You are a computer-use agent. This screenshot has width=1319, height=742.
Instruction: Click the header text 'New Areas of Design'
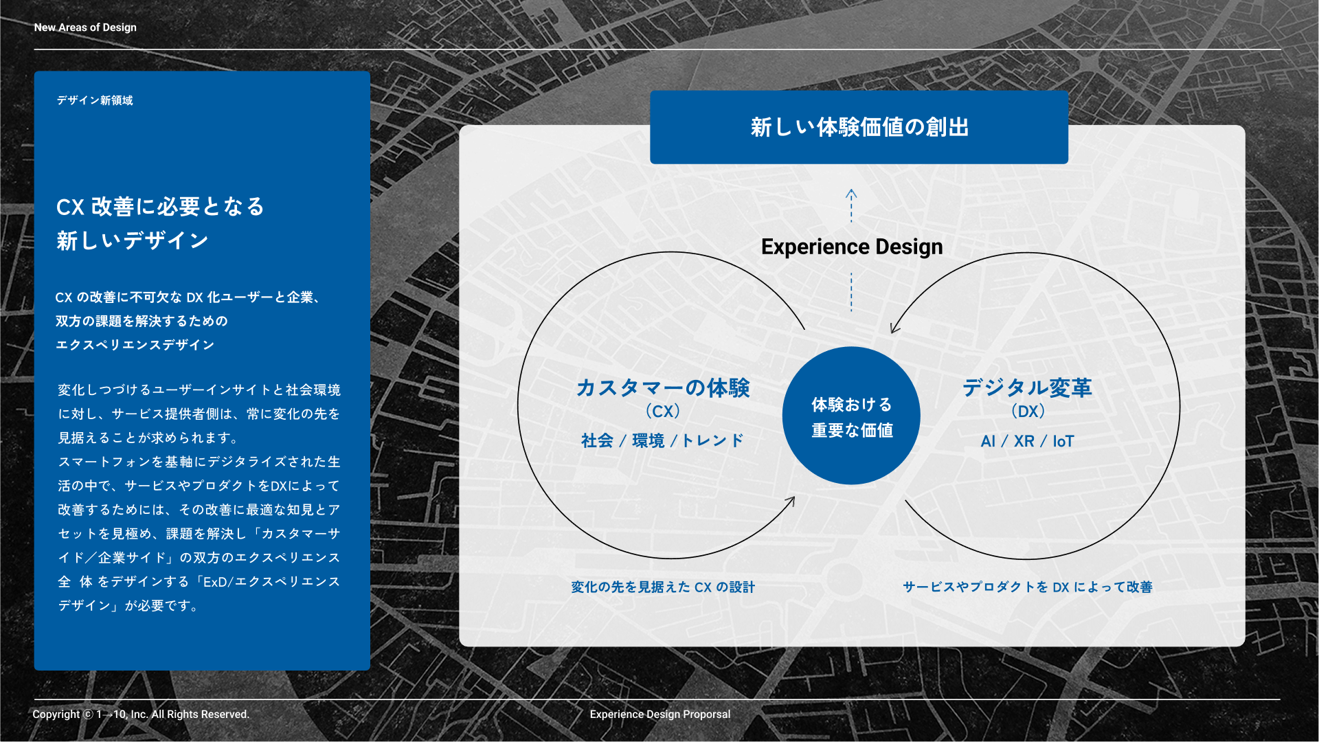(85, 27)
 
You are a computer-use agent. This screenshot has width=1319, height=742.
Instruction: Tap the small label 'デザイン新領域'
(95, 100)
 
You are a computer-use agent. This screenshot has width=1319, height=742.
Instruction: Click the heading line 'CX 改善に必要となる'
(160, 207)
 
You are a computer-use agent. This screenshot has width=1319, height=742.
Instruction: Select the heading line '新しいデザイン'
(133, 240)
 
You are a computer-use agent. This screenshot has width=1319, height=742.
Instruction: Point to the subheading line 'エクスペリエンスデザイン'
(135, 345)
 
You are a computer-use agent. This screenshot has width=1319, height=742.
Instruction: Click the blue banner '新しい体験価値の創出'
(859, 127)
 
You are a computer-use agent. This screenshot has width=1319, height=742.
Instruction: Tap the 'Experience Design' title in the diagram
(852, 247)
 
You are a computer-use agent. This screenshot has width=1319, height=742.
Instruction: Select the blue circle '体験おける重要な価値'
(851, 416)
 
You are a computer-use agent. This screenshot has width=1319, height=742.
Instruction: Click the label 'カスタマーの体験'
(663, 387)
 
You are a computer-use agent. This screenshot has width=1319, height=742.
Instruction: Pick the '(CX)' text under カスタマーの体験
(663, 412)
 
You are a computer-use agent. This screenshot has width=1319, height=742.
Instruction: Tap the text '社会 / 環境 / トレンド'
(662, 440)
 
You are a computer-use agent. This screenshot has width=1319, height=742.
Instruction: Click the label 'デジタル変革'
(1027, 387)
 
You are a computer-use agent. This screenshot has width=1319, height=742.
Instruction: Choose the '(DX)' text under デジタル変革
(1028, 412)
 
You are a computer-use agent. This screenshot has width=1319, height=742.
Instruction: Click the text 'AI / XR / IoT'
(1027, 441)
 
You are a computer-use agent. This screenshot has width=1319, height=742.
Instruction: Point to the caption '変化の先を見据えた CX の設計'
(663, 587)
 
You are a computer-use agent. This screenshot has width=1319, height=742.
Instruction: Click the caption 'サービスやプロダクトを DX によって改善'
(1028, 587)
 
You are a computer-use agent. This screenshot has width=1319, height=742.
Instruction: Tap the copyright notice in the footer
(141, 715)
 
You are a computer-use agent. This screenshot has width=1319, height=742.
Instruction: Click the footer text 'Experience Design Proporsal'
(660, 715)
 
